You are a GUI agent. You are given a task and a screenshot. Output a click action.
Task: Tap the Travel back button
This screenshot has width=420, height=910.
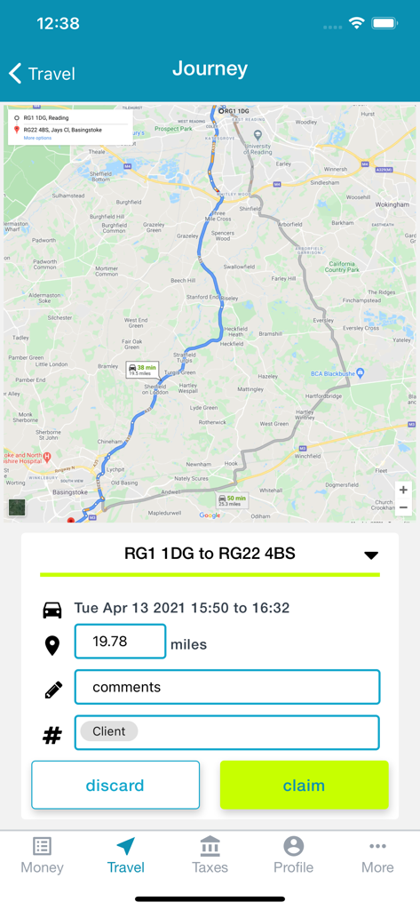(42, 74)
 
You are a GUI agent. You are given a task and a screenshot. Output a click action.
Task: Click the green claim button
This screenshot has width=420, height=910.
(304, 786)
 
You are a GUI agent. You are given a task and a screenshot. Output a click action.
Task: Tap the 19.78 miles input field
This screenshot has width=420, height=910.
(120, 642)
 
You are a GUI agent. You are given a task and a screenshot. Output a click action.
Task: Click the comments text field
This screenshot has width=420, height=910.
(226, 687)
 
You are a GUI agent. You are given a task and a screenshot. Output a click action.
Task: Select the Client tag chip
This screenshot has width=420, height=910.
(109, 732)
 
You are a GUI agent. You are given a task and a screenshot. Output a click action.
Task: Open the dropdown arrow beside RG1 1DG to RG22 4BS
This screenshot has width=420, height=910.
(371, 555)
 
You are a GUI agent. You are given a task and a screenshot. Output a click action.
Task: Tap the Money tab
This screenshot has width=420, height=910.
(43, 855)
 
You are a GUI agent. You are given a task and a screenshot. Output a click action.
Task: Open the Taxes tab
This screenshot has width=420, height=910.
(210, 855)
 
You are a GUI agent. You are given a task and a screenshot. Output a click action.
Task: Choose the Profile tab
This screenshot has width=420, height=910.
(293, 855)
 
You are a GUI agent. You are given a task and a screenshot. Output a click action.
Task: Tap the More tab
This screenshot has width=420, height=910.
(377, 855)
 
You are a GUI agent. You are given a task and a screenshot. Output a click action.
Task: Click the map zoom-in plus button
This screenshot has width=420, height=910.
(403, 490)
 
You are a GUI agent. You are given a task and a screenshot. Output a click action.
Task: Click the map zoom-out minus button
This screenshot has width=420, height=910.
(403, 507)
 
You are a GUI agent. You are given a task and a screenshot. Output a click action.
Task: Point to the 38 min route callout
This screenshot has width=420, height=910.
(141, 370)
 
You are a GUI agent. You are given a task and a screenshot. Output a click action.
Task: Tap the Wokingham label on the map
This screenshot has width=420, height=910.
(392, 204)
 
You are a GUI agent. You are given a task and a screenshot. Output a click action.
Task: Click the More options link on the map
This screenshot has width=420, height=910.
(37, 139)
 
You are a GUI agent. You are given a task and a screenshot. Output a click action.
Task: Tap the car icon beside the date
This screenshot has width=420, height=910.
(52, 610)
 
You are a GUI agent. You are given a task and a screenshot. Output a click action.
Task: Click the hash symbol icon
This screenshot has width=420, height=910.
(52, 735)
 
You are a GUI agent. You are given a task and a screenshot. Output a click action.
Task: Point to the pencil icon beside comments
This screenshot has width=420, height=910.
(52, 689)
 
